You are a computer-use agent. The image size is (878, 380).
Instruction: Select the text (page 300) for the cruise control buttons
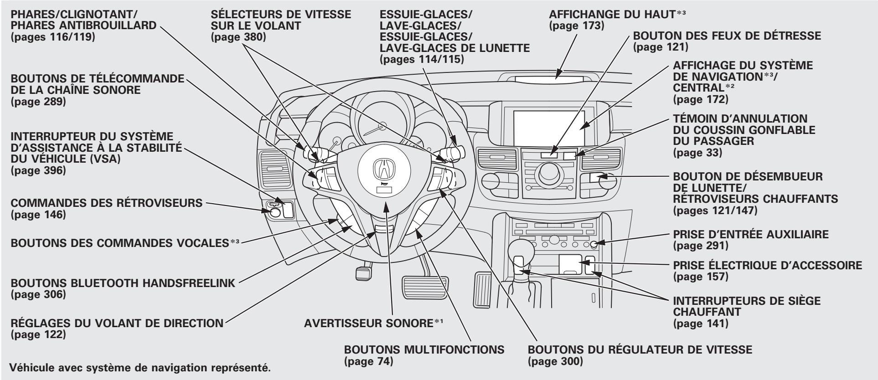555,362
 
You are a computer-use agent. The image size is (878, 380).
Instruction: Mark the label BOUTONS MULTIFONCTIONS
424,350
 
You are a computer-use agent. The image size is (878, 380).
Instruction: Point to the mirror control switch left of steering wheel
274,211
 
